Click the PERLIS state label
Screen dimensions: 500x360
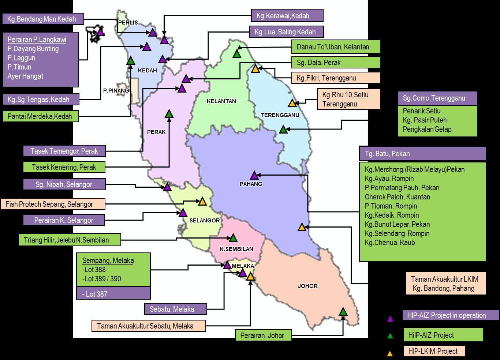(x=128, y=23)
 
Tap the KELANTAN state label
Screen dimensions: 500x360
(x=221, y=101)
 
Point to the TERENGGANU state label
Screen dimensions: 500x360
(x=280, y=115)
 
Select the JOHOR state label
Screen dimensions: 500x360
(x=307, y=286)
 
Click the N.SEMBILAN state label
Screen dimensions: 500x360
(x=236, y=249)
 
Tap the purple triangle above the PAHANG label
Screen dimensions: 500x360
(x=254, y=175)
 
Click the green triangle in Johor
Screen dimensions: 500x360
(x=343, y=312)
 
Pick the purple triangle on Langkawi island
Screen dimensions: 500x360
(x=100, y=32)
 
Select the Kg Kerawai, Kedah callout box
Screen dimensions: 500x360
(x=287, y=16)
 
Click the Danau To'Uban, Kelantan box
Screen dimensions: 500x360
(x=336, y=47)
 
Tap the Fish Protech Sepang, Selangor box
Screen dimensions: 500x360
(x=53, y=204)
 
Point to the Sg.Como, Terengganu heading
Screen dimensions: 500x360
(x=437, y=98)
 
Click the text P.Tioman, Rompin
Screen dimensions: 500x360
(x=391, y=206)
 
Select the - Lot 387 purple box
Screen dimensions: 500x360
(x=113, y=293)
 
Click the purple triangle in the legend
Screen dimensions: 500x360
(x=390, y=319)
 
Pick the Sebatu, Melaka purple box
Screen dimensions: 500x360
(x=175, y=309)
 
